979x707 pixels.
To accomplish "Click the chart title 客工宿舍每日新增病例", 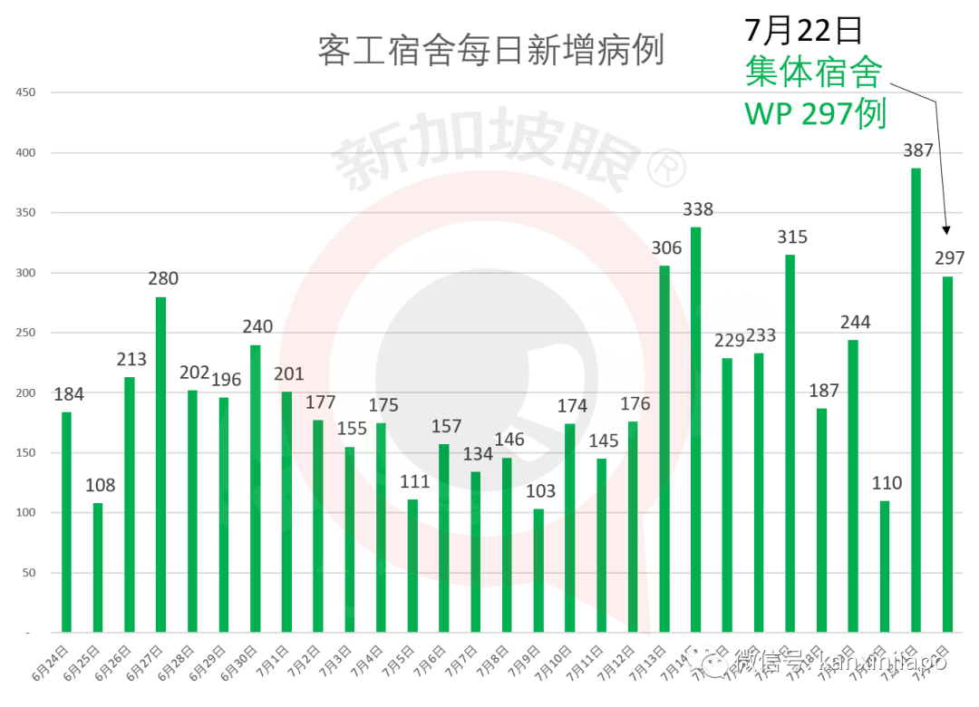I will click(x=490, y=51).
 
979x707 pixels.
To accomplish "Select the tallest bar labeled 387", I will click(x=916, y=399).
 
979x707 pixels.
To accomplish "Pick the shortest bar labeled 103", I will click(x=538, y=570).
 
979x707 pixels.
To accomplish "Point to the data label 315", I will click(x=791, y=237).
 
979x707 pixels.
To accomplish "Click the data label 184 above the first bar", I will click(x=69, y=394).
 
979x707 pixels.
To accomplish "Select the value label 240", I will click(x=257, y=327).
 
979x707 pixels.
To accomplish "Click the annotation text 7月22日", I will click(x=803, y=30).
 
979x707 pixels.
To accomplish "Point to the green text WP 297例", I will click(x=814, y=114).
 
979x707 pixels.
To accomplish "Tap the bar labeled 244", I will click(x=853, y=486).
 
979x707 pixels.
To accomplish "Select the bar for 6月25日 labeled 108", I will click(x=98, y=567).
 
